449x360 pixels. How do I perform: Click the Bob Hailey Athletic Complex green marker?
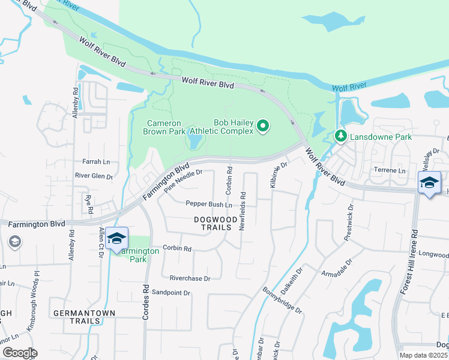tap(262, 126)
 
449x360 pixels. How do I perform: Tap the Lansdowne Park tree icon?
tap(341, 137)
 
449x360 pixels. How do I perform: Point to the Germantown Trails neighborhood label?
tap(76, 317)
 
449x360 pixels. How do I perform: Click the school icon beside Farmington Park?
tap(117, 238)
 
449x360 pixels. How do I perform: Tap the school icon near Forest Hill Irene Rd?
tap(429, 182)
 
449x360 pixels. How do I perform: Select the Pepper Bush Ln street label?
tap(209, 205)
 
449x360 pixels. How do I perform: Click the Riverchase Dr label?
tap(190, 278)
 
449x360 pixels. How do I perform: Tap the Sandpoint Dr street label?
tap(170, 293)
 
